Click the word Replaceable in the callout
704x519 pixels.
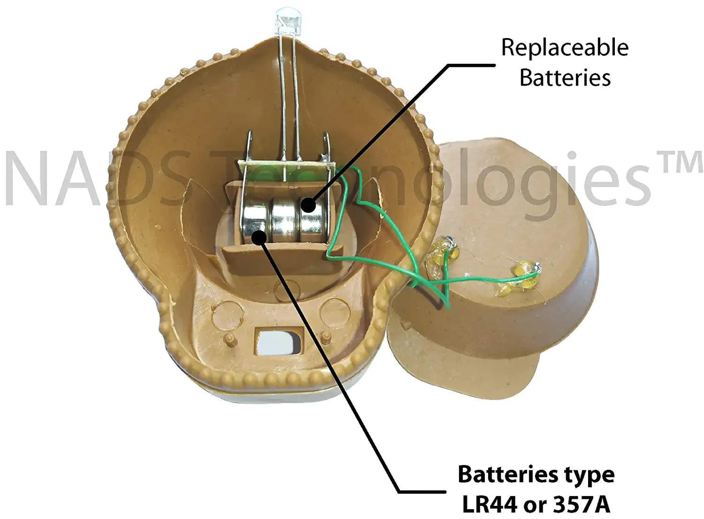pyautogui.click(x=565, y=48)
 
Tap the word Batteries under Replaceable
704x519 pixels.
pyautogui.click(x=565, y=78)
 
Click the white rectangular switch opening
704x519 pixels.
pyautogui.click(x=276, y=342)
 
